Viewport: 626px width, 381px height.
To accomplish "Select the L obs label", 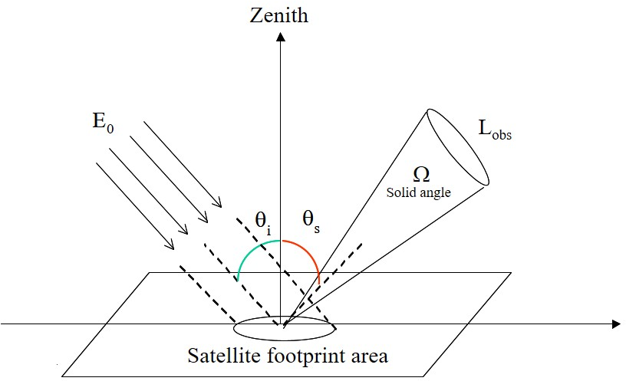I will (494, 130).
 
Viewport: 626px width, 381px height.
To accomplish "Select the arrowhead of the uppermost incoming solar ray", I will (219, 205).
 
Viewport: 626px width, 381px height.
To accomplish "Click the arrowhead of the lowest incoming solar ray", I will (171, 246).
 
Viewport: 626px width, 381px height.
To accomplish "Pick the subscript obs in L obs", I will (502, 135).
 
